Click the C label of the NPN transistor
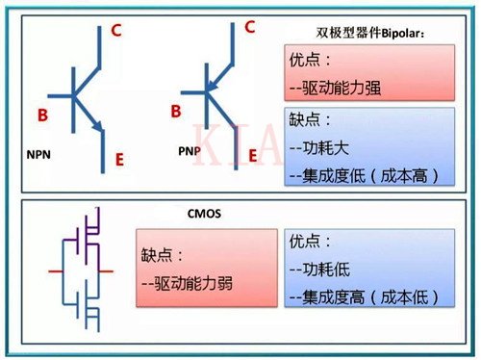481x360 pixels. [116, 30]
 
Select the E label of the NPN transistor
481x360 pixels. [119, 159]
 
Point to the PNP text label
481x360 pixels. [190, 151]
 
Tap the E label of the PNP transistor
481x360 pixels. [252, 154]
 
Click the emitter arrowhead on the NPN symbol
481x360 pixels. [98, 127]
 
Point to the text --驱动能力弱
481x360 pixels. [187, 284]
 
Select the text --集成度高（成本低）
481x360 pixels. [366, 295]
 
